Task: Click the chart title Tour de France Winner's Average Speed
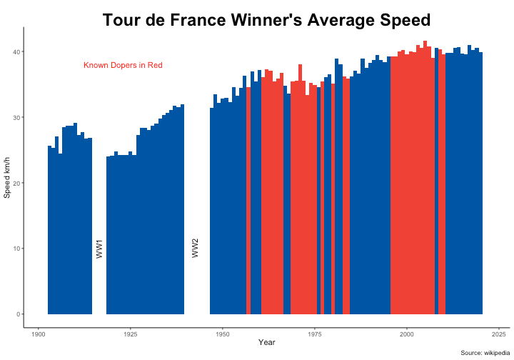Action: (266, 20)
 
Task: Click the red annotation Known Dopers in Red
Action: (123, 66)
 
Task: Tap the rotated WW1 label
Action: (99, 249)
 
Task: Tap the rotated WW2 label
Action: (196, 249)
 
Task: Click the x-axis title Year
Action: (267, 344)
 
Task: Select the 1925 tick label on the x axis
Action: (130, 334)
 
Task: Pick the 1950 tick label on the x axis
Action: (222, 334)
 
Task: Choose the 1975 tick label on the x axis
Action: (314, 334)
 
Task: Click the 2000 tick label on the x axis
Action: (406, 334)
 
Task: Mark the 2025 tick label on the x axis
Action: (498, 334)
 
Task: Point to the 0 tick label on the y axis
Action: (17, 314)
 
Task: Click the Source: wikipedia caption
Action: (485, 353)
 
